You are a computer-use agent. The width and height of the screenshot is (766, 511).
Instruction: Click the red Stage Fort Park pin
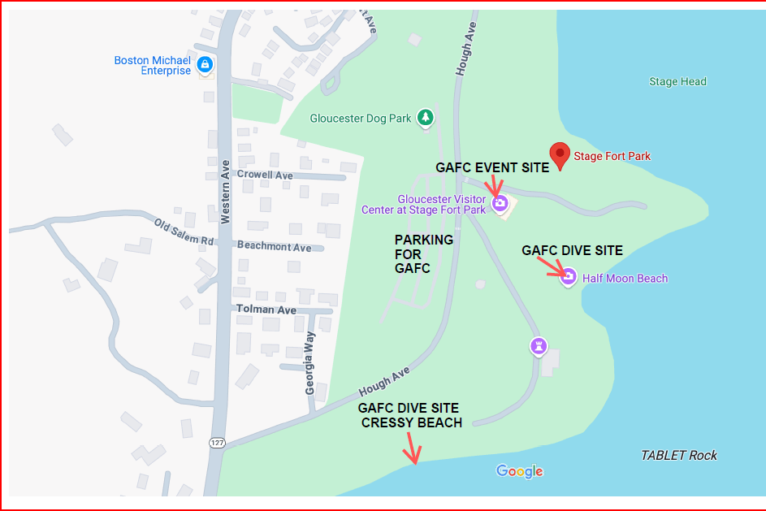(x=559, y=154)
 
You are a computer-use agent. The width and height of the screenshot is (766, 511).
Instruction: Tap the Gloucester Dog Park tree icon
(x=425, y=118)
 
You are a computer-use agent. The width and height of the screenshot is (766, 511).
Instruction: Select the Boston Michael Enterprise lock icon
(x=205, y=64)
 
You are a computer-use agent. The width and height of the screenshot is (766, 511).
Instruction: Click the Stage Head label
(x=677, y=81)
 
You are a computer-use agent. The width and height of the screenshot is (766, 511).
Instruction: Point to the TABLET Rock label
(x=679, y=455)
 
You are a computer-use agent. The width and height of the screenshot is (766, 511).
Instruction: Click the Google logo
(x=520, y=471)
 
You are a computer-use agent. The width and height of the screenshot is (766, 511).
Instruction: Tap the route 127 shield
(x=216, y=443)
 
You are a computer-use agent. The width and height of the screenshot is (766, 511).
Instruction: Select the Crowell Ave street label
(x=265, y=175)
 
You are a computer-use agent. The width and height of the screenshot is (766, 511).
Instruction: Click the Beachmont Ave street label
(x=274, y=247)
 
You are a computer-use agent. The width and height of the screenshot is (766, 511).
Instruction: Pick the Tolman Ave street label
(x=266, y=310)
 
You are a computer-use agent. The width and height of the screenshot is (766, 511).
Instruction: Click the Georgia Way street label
(x=310, y=367)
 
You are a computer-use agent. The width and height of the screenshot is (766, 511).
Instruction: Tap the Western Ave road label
(x=225, y=192)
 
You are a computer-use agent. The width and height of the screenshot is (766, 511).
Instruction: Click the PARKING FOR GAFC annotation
(x=423, y=254)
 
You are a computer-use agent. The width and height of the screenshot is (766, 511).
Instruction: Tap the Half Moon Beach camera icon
(x=569, y=278)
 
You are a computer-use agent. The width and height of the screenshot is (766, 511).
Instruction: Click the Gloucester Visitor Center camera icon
(x=501, y=202)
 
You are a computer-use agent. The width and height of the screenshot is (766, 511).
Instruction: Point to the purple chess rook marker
(x=538, y=346)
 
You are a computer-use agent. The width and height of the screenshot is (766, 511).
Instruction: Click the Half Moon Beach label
(x=625, y=279)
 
